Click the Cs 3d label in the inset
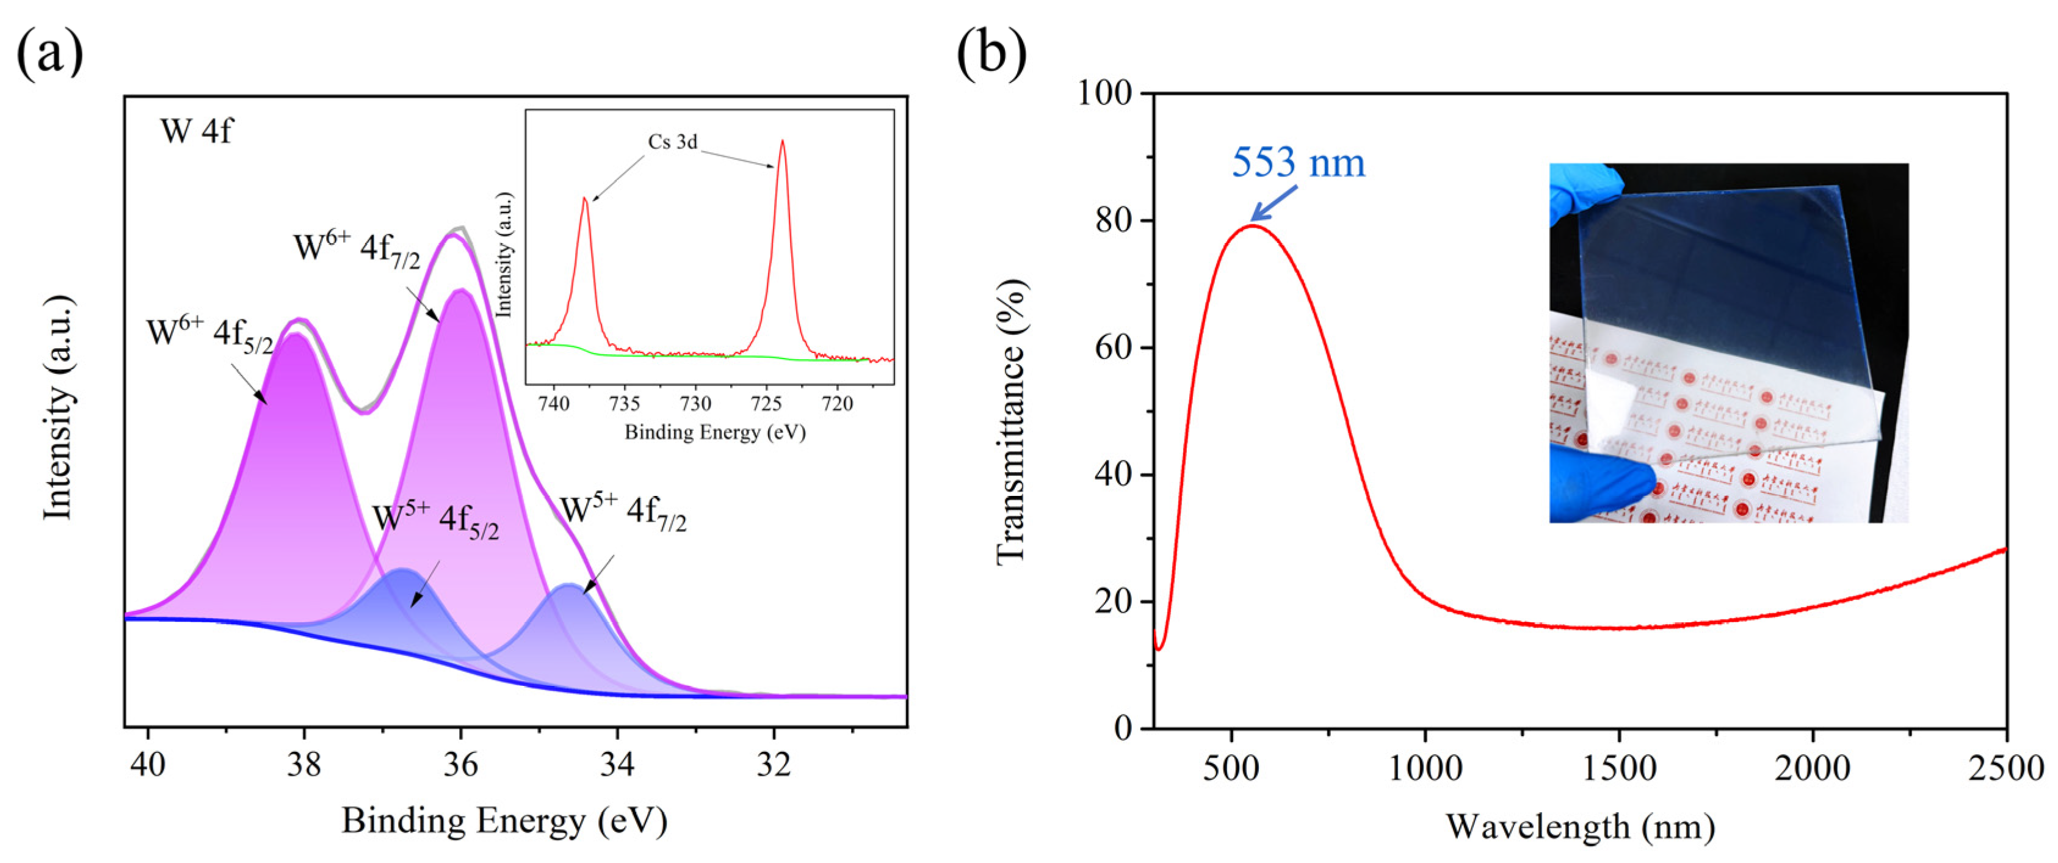tap(672, 142)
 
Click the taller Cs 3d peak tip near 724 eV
tap(782, 143)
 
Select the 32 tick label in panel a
tap(774, 765)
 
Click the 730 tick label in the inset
tap(695, 404)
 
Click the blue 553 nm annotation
tap(1299, 163)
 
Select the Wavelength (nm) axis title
tap(1580, 827)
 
